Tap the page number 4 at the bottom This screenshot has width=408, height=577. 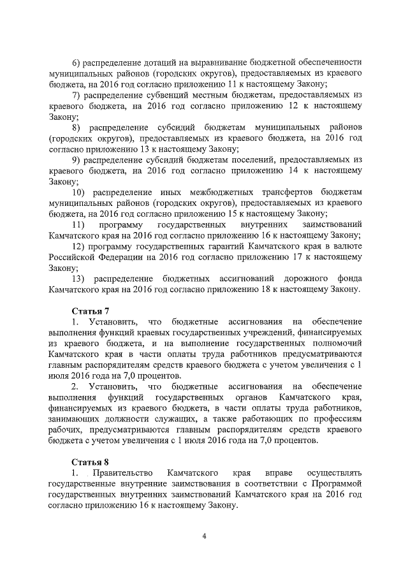204,536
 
